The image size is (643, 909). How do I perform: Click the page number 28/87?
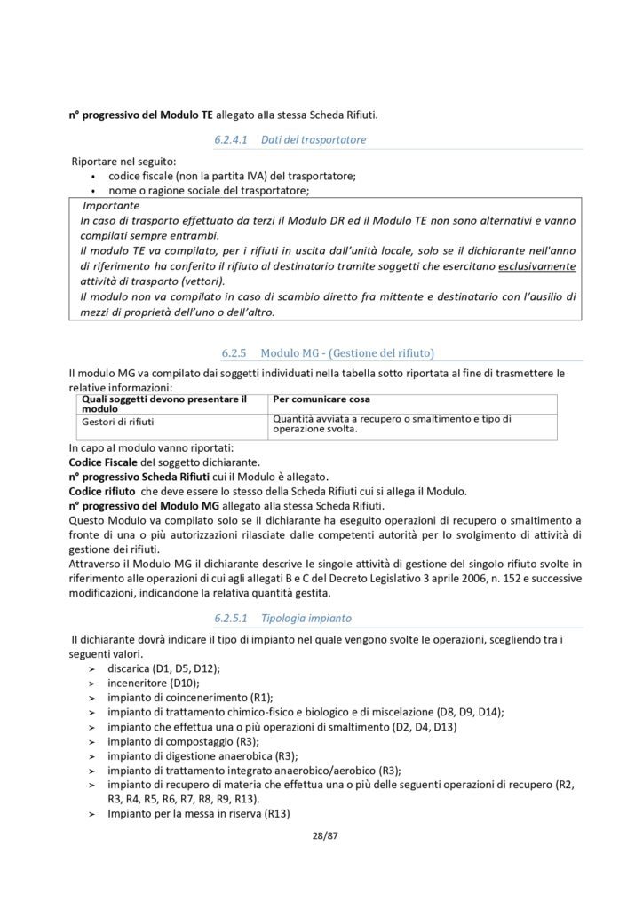pos(321,835)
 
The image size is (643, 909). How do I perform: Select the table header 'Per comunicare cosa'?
pos(321,399)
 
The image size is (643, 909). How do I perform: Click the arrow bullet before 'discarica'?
pos(91,668)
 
